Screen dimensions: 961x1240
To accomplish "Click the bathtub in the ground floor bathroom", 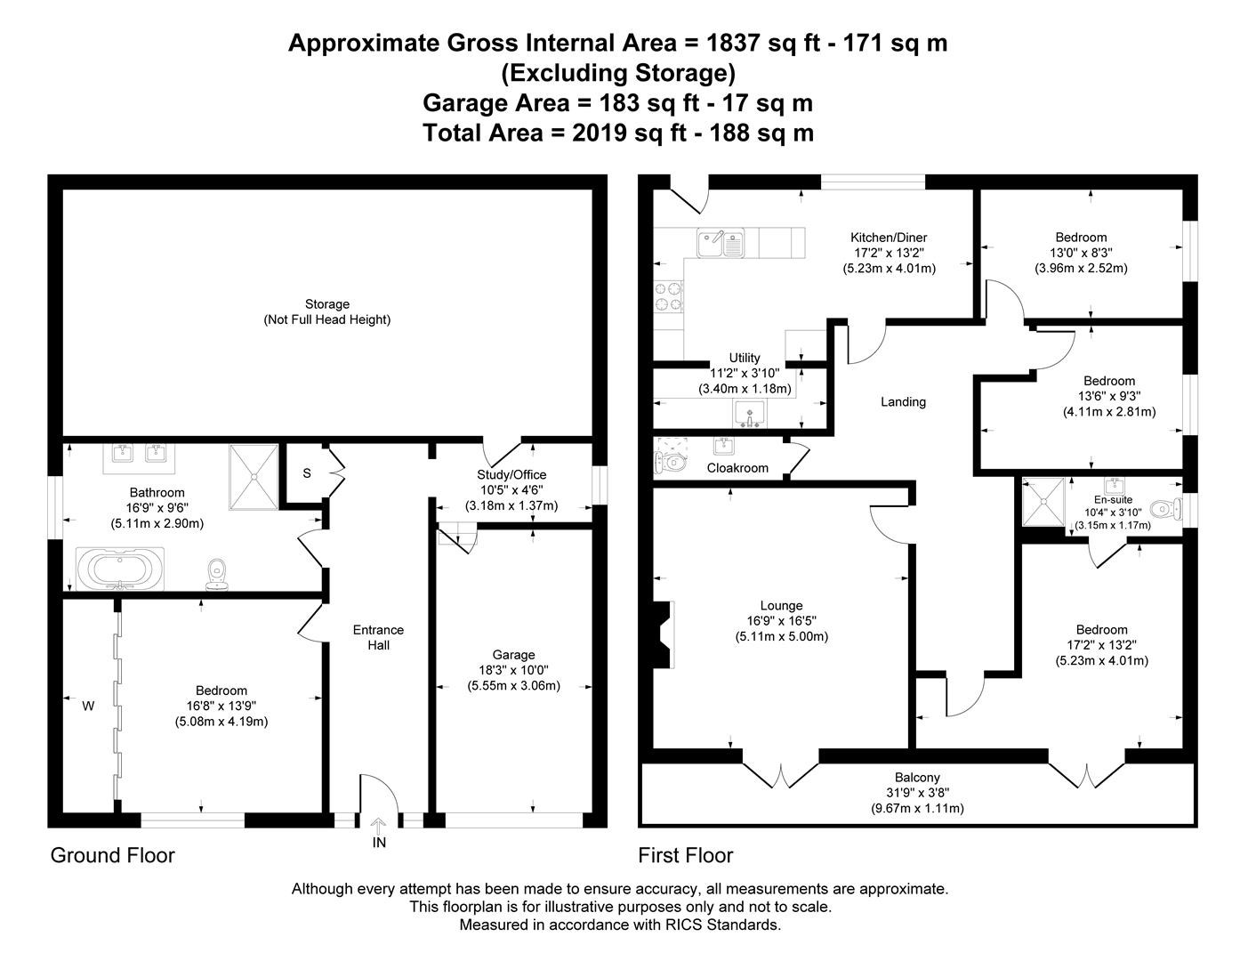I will (120, 569).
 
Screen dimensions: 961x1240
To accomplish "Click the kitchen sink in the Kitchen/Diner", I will (721, 243).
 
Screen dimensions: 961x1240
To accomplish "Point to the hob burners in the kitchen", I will (668, 296).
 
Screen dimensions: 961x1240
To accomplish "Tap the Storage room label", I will (326, 304).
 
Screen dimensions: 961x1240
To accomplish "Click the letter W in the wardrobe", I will (88, 707).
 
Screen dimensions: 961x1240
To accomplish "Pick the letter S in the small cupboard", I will (306, 473).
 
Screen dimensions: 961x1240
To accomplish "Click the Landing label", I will (903, 401).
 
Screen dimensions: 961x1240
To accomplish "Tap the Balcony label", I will (917, 777).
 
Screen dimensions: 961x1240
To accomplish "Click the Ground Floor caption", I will (112, 855).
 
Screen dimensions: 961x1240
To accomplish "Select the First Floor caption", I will (685, 855).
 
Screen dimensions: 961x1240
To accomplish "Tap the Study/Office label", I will (511, 474).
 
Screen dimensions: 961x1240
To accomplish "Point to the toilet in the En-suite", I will (1165, 508).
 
